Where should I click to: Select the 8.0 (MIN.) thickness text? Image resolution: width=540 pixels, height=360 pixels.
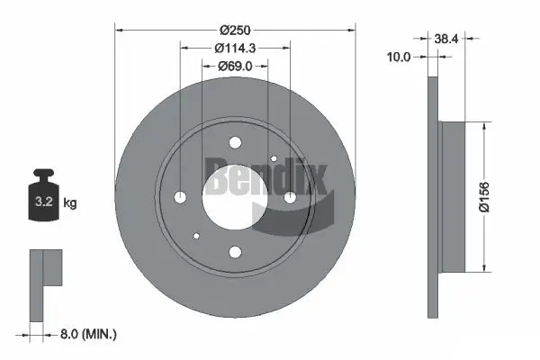pos(86,334)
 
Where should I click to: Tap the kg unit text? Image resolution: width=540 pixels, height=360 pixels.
pos(70,203)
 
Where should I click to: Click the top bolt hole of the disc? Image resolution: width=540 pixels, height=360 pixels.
pos(235,142)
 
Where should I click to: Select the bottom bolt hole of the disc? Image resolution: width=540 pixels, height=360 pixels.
pos(235,252)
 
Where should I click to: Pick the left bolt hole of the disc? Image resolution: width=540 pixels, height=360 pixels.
pos(180,197)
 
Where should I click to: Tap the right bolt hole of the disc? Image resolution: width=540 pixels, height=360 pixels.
pos(290,197)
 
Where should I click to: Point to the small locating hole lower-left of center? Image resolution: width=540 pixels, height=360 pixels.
pos(196,236)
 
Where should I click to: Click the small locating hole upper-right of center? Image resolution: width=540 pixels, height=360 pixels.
pos(274,158)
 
